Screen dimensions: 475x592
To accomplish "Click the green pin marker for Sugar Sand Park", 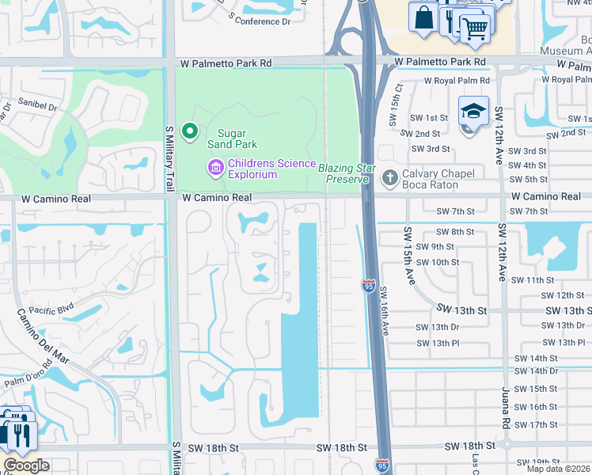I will point(189,131).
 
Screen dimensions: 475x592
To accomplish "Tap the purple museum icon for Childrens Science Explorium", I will point(214,168).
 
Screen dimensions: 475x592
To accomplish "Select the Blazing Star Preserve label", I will point(343,173).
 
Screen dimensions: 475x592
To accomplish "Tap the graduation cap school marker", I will point(472,111).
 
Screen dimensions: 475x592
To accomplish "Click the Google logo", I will point(25,465).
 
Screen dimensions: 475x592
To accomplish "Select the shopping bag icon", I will point(423,17).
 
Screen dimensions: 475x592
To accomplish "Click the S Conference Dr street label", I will point(260,17).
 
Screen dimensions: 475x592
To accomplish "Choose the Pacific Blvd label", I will point(51,312).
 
